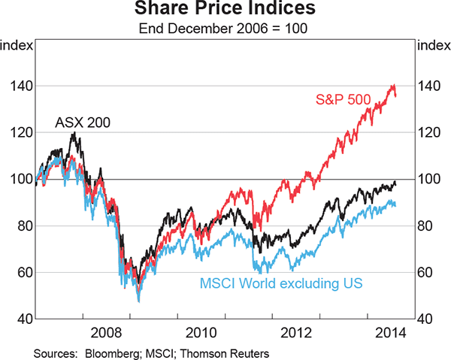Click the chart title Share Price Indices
point(225,11)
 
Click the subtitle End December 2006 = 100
point(225,29)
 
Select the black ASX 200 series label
point(81,121)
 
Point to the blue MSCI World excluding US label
point(282,283)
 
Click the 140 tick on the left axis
point(21,86)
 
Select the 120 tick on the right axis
point(430,133)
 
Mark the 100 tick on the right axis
point(430,179)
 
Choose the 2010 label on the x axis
point(203,331)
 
